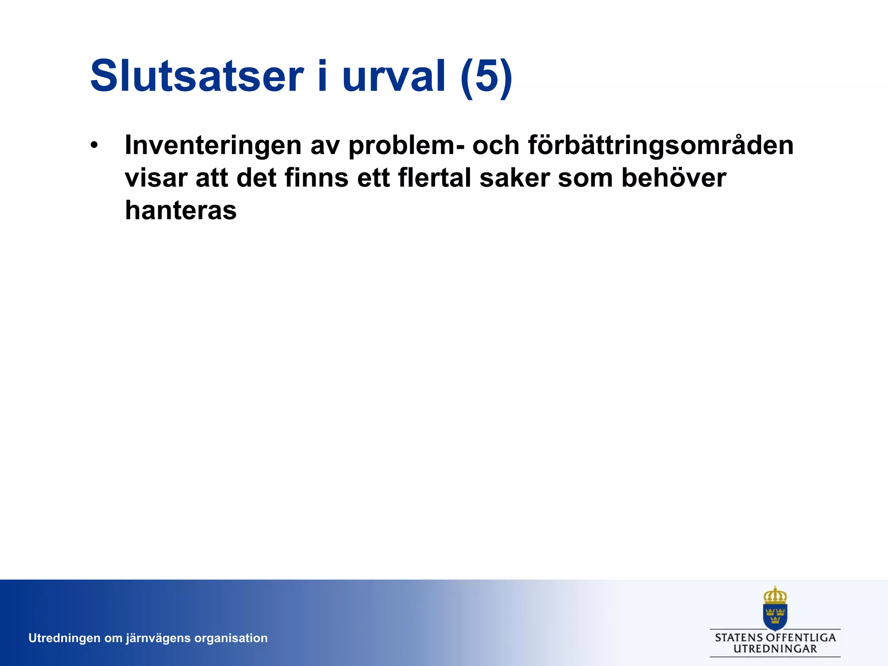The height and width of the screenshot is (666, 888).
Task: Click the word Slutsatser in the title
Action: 196,76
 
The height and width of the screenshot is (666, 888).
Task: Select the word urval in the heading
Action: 394,76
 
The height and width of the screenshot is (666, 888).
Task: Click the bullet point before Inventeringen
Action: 94,145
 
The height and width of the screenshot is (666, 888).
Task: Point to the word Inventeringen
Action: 213,145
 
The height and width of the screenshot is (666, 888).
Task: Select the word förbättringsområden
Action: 661,145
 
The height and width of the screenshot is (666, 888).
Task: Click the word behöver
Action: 673,178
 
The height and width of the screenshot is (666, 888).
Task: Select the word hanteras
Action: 180,210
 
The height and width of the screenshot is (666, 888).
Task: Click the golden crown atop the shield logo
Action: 775,596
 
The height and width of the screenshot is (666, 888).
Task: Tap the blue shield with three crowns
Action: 775,616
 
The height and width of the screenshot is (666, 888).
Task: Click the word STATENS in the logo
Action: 738,638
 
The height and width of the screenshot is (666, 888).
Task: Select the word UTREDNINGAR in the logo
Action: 775,649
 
